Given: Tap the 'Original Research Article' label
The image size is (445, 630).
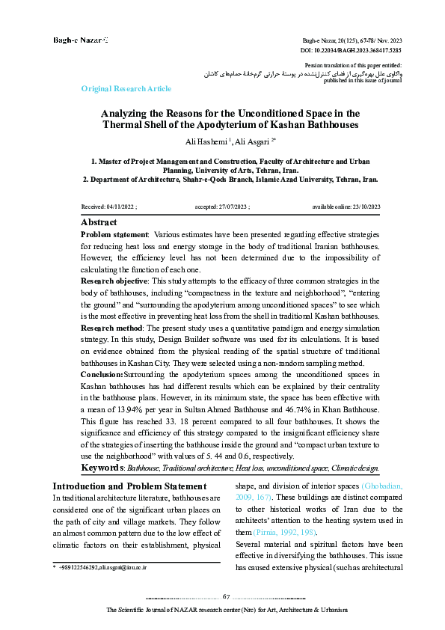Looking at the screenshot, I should tap(126, 89).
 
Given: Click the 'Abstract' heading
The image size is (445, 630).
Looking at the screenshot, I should tap(99, 222).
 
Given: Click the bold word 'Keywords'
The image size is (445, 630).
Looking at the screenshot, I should tap(103, 468).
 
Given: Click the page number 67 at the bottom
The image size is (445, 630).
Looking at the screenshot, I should tap(226, 596).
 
